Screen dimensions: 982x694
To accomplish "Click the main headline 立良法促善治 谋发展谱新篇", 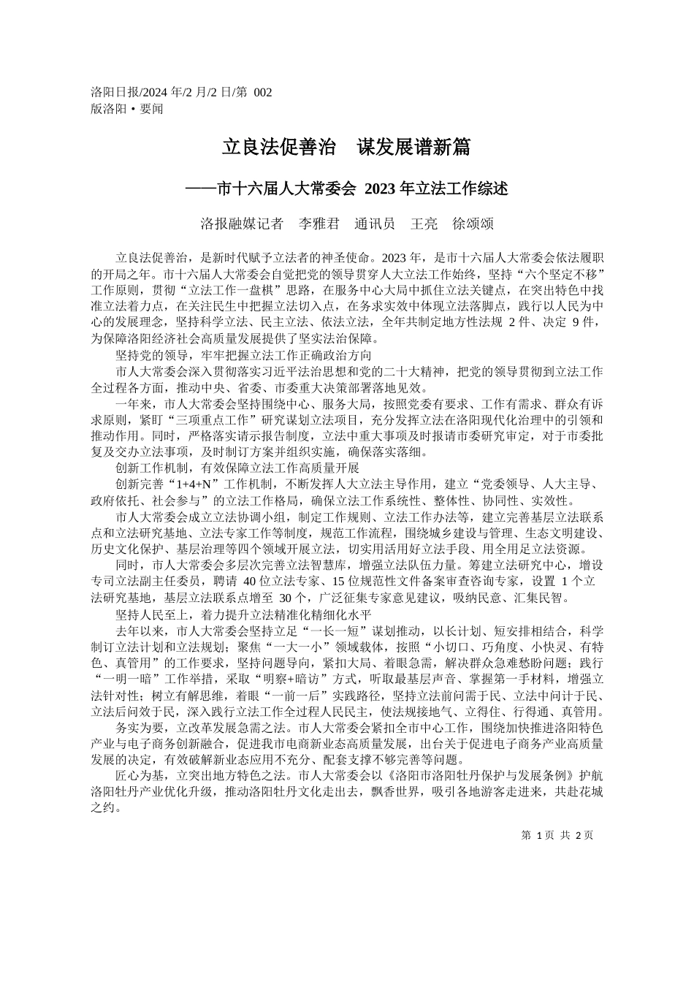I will coord(346,148).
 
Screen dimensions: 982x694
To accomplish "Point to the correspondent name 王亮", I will coord(424,224).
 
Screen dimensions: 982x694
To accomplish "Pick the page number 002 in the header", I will coord(262,92).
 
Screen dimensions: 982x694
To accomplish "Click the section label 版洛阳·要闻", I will coord(127,109).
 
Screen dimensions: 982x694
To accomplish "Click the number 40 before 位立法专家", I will coord(249,582).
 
